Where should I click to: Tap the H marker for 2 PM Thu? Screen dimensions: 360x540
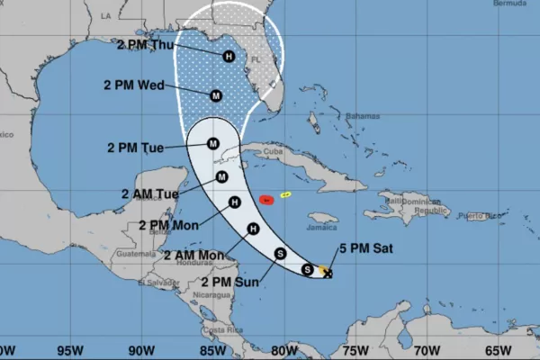(229, 56)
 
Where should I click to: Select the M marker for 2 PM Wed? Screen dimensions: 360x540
(216, 95)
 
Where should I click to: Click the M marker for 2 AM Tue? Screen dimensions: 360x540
(221, 176)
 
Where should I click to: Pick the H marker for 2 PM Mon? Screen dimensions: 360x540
(234, 202)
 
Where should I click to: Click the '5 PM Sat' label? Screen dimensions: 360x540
(364, 248)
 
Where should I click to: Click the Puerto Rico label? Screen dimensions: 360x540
(474, 215)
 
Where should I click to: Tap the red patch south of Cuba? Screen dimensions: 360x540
(266, 198)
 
